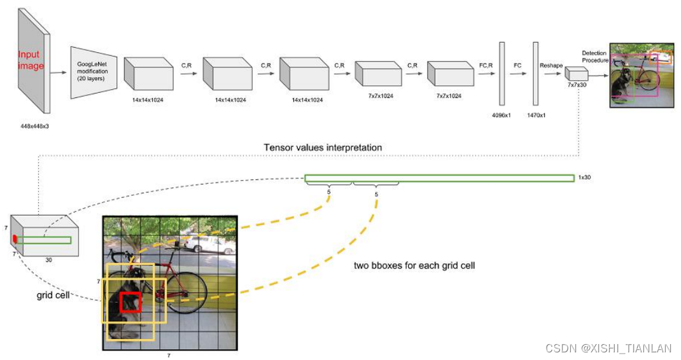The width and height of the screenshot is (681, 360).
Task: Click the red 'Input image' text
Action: pos(31,60)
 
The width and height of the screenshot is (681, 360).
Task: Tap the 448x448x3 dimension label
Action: pos(34,126)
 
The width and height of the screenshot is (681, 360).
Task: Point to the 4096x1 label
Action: pos(502,116)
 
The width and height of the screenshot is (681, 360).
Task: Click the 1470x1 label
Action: pos(535,116)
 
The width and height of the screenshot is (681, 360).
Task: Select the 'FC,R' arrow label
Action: pos(486,65)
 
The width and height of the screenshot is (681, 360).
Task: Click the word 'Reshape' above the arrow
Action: pos(551,65)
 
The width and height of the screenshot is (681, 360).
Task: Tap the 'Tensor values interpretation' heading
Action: pos(323,148)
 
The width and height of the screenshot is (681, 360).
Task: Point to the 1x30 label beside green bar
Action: pos(584,177)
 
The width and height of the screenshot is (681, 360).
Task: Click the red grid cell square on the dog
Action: pos(130,302)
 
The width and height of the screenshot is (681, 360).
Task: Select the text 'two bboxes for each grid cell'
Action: pos(414,265)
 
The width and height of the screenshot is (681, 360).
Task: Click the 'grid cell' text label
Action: pos(53,296)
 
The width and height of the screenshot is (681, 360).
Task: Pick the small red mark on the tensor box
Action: pos(14,239)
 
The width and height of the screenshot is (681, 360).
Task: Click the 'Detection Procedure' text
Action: pos(594,57)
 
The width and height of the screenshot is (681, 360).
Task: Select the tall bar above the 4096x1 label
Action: pos(502,73)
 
